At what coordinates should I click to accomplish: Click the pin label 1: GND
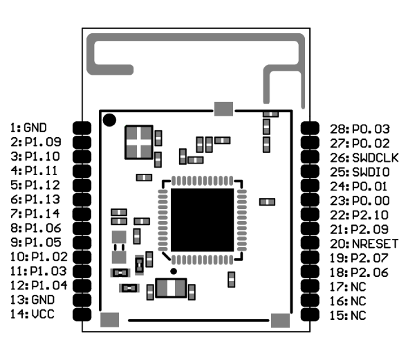28,128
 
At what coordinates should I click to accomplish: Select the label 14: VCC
33,314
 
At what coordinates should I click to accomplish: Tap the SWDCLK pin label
364,158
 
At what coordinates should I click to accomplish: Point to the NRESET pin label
364,244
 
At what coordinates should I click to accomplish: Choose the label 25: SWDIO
360,172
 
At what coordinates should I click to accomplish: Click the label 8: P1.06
36,228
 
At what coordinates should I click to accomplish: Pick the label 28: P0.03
360,129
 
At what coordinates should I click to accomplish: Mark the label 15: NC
348,316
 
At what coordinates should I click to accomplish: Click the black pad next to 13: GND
82,300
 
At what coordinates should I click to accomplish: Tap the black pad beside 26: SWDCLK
310,157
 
